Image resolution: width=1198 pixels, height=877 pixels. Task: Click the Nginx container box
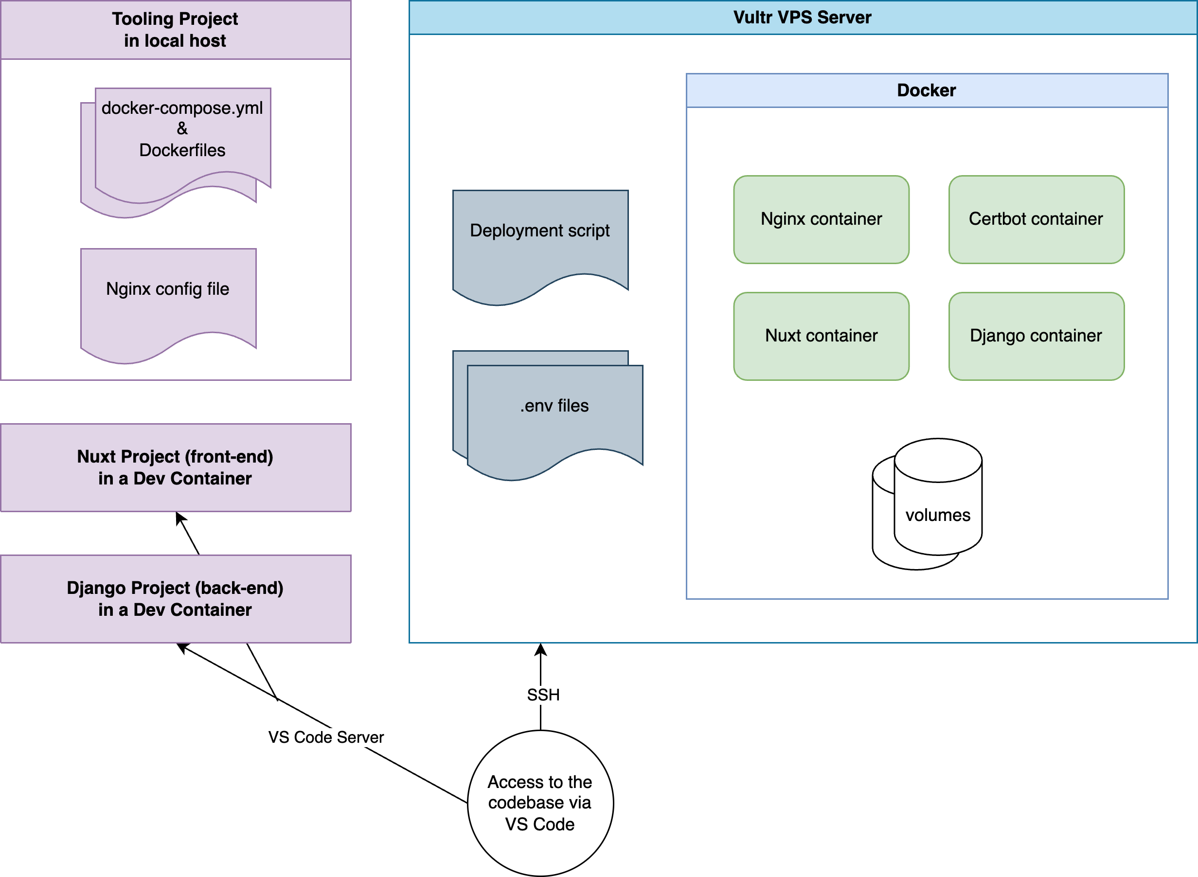821,219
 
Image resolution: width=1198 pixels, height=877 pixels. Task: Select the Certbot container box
1036,219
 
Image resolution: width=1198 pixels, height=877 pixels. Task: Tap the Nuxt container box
821,336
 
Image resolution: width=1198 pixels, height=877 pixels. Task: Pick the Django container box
1036,336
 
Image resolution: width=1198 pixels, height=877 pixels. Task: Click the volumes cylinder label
937,515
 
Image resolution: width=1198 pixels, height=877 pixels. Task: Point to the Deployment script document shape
540,239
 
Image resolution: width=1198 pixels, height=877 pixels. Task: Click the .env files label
554,406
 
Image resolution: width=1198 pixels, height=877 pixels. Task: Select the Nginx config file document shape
168,297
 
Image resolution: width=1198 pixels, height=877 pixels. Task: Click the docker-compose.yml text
182,108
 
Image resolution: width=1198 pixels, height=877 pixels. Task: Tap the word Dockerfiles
182,150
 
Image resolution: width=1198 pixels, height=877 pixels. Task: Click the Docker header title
926,90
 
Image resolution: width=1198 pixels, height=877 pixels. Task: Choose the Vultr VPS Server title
802,18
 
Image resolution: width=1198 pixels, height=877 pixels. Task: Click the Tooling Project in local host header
175,30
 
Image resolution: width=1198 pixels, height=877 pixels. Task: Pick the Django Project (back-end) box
175,599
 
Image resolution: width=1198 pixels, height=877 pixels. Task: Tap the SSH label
543,695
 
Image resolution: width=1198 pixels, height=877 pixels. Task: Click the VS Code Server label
326,737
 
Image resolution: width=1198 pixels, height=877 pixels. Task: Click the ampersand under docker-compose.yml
182,128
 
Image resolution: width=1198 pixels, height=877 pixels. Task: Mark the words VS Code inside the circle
540,824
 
